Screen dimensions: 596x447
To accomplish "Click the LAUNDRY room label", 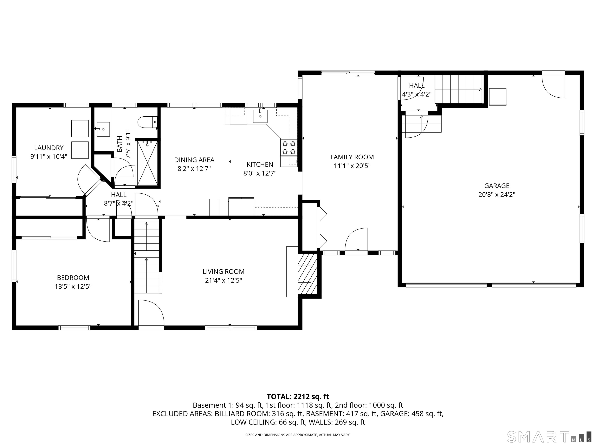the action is click(49, 148).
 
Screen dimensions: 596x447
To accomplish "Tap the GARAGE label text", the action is click(497, 186).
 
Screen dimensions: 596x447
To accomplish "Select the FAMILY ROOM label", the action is click(352, 157).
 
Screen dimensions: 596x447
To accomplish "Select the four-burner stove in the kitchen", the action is click(289, 148).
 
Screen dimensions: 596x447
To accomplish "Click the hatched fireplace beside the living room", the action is click(308, 274).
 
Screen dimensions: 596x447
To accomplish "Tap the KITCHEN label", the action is click(260, 164).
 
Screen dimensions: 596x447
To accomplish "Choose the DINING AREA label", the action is click(194, 160).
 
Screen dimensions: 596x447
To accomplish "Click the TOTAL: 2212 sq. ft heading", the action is click(298, 397).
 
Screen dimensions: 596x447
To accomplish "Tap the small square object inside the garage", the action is click(497, 97).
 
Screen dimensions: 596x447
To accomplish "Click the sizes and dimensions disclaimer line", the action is click(298, 435).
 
